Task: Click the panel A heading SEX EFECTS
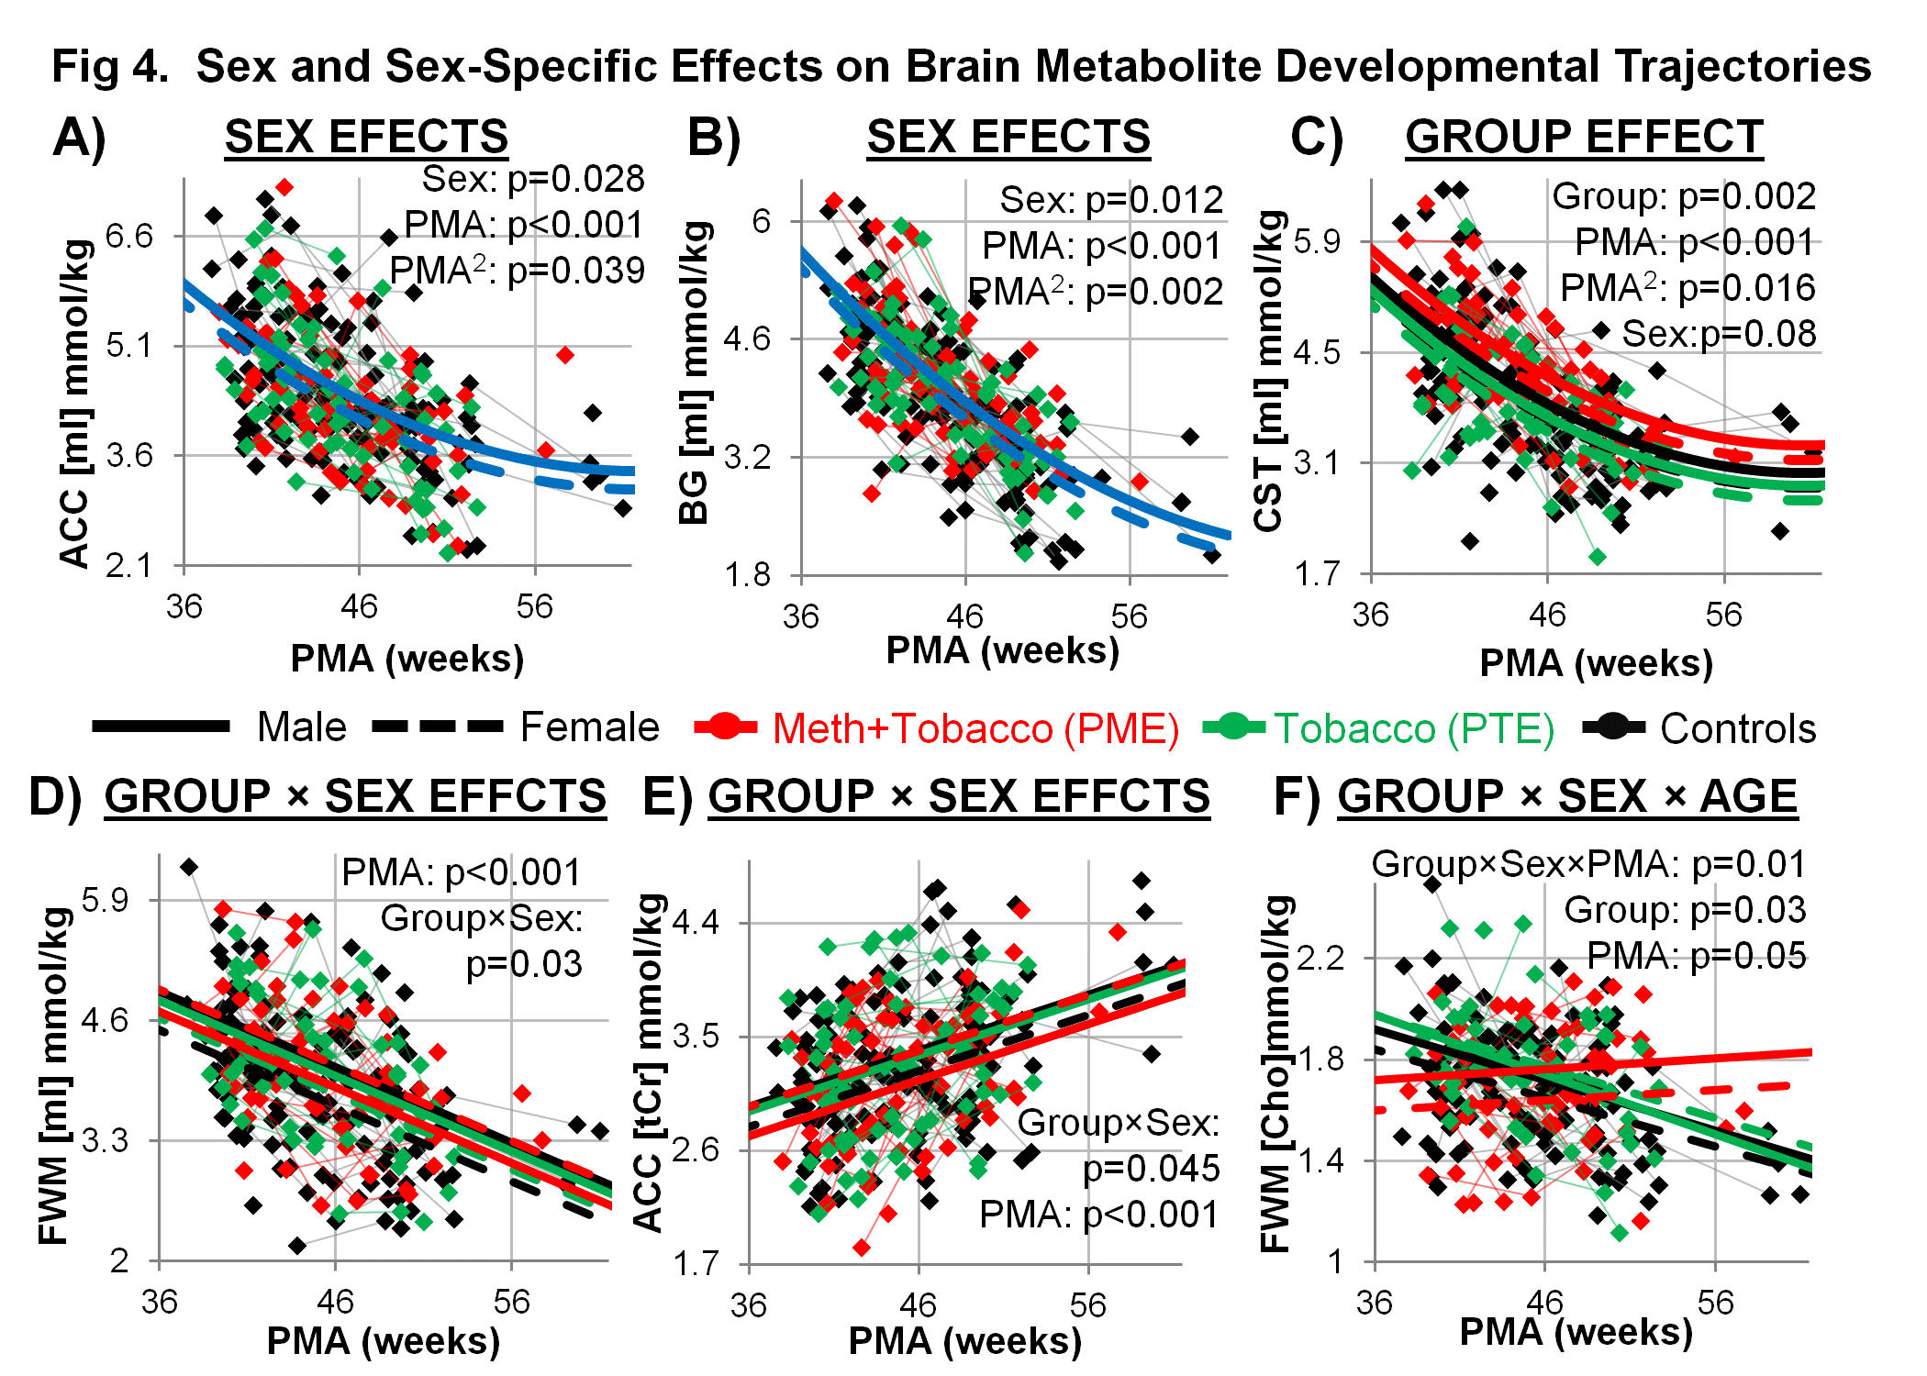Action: (x=366, y=138)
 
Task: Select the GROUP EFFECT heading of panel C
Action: (x=1584, y=138)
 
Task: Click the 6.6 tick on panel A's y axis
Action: (x=129, y=237)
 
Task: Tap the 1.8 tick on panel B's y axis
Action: (x=748, y=575)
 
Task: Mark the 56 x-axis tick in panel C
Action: (x=1723, y=615)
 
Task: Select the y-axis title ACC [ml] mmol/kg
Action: (x=75, y=404)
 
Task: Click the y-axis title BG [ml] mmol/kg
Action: (x=695, y=372)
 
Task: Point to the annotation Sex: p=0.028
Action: (x=532, y=179)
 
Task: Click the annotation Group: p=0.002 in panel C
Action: (x=1683, y=196)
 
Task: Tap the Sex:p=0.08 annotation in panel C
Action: (x=1718, y=334)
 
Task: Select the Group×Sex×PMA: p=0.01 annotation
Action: (x=1587, y=864)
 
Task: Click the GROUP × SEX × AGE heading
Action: (x=1566, y=796)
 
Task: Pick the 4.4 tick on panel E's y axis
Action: (x=696, y=922)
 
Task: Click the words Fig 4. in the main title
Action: (x=110, y=67)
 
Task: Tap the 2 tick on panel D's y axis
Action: (x=119, y=1261)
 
